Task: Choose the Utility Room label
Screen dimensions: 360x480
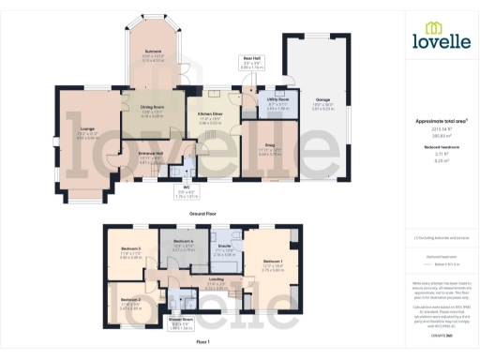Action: (x=277, y=98)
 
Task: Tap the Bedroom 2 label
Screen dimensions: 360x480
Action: (x=130, y=300)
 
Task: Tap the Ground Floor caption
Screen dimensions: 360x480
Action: (x=197, y=214)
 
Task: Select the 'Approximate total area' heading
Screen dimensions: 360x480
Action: (x=438, y=121)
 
